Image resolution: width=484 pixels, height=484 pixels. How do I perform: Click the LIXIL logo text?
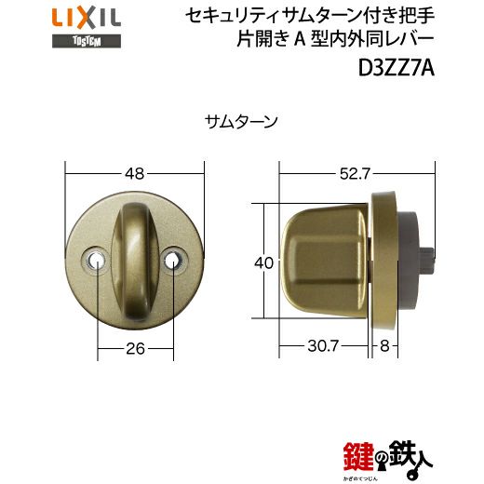coord(87,19)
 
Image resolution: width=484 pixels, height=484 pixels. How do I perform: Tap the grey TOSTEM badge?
coord(87,41)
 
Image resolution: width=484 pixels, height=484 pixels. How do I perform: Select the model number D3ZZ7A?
coord(397,68)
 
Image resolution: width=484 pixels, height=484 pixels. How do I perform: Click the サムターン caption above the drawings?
coord(241,122)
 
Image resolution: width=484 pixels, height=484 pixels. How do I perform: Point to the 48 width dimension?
coord(135,174)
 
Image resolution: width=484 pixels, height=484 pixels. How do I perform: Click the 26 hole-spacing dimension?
coord(135,349)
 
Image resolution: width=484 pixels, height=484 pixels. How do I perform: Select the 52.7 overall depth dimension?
coord(355,174)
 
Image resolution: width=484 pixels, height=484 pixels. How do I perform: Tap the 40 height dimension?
coord(263,262)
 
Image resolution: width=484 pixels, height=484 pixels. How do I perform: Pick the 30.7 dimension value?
coord(323,345)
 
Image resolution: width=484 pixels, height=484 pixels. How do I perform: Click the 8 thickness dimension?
coord(384,345)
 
